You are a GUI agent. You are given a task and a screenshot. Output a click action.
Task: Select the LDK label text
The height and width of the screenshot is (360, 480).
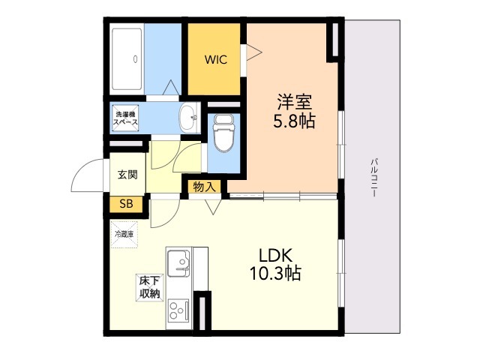(275, 253)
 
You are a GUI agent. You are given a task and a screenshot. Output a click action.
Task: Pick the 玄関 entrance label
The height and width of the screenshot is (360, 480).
(127, 175)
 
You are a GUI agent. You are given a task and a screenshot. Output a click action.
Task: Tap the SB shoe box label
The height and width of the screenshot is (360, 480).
(125, 202)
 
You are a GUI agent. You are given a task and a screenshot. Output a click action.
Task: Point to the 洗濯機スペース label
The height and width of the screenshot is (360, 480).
(126, 118)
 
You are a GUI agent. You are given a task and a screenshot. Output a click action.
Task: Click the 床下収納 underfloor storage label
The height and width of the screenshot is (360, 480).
(148, 287)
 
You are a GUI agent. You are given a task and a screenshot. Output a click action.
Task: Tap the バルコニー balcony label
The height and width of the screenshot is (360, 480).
(373, 177)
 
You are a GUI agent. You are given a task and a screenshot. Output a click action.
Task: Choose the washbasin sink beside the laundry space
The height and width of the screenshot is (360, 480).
(189, 115)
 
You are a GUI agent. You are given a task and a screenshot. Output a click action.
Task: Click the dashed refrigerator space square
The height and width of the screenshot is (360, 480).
(124, 234)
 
